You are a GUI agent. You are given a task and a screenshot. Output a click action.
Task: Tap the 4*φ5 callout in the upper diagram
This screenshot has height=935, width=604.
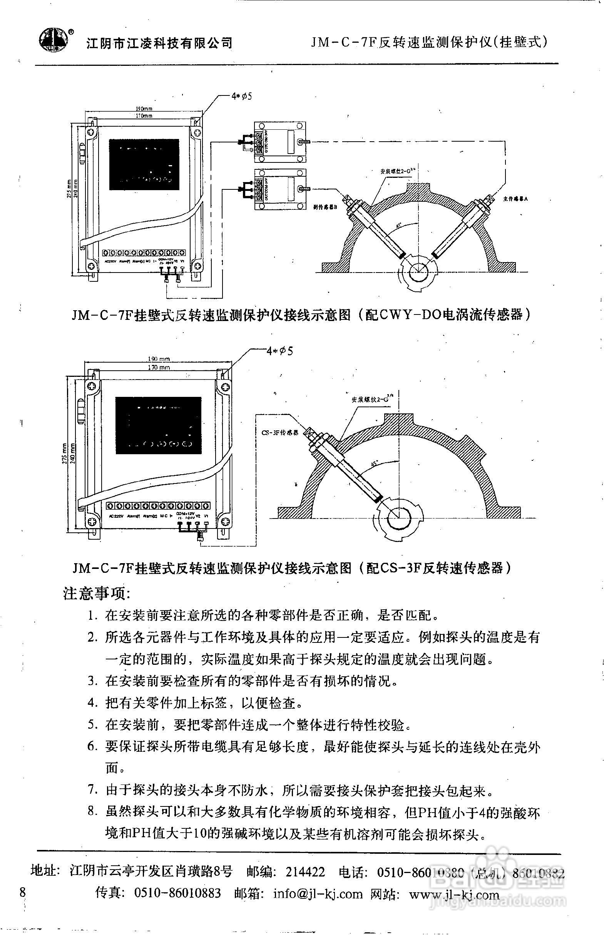tap(241, 96)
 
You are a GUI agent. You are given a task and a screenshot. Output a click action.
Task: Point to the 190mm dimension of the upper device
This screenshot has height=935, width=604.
tap(144, 109)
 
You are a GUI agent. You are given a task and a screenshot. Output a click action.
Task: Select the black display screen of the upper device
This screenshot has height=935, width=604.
tap(144, 164)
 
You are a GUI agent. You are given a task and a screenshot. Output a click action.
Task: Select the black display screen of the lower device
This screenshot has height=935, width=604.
tap(158, 425)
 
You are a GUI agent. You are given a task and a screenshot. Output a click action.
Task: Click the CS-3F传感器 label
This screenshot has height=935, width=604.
tap(279, 432)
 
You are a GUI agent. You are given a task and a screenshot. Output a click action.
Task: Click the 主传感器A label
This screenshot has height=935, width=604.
tap(515, 199)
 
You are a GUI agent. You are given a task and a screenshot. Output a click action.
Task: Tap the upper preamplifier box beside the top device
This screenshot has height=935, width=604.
tap(279, 142)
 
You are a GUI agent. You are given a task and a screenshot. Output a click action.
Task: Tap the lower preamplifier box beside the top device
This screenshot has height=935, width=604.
tap(279, 189)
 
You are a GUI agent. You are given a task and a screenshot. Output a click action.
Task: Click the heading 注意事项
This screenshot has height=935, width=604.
tap(97, 594)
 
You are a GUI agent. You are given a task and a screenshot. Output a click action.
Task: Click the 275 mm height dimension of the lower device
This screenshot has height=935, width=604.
tap(64, 454)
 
